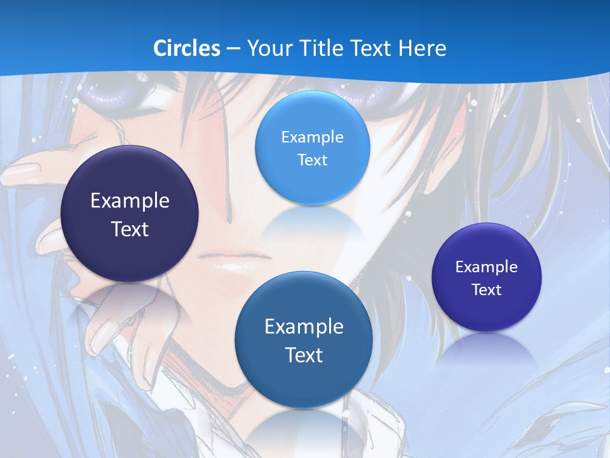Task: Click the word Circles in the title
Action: pos(187,48)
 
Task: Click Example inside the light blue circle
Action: pos(312,137)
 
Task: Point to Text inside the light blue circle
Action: pos(312,160)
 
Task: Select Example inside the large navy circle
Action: pos(130,201)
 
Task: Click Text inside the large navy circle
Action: pos(130,229)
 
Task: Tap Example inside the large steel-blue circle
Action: pos(304,326)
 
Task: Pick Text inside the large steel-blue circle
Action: pos(304,354)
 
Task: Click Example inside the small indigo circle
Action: pos(487,267)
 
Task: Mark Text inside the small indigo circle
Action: pos(487,289)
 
